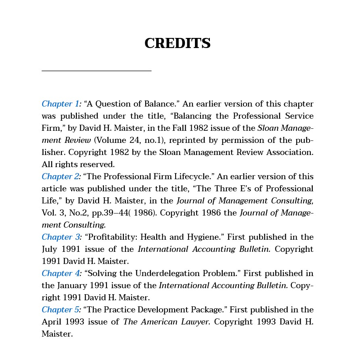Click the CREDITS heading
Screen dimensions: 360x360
click(178, 43)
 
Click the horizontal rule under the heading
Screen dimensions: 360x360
click(96, 71)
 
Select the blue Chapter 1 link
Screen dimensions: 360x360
click(61, 104)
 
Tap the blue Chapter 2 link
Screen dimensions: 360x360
click(61, 176)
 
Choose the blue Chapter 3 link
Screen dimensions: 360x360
click(61, 237)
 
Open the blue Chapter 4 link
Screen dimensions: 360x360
click(61, 273)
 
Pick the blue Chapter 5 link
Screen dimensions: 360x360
click(61, 310)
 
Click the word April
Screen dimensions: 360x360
click(52, 322)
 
